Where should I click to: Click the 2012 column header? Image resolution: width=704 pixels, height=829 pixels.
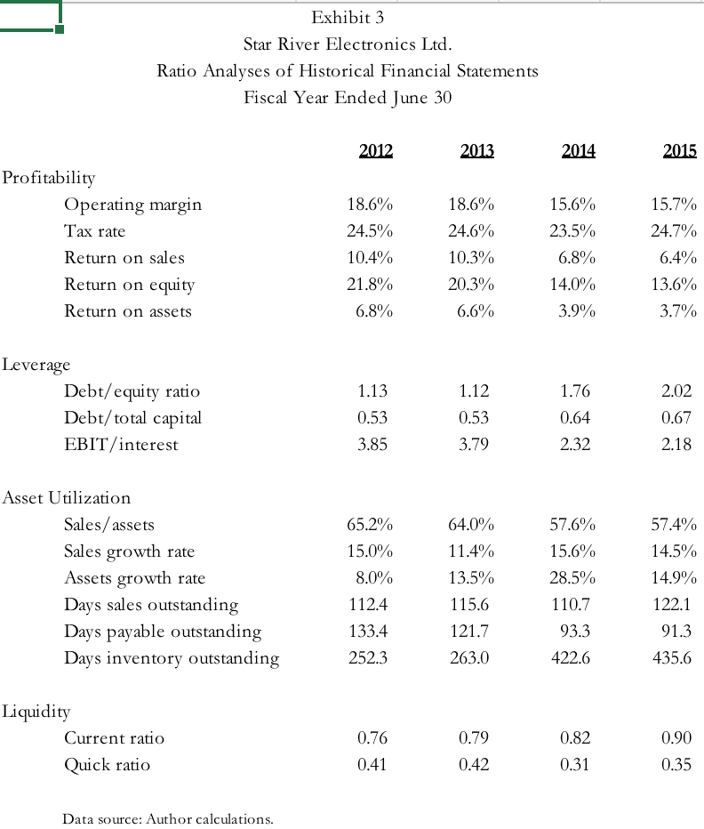click(x=375, y=150)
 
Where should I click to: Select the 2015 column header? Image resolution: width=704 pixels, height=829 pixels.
click(x=679, y=150)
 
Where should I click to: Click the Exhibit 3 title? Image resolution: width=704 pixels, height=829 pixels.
click(x=348, y=17)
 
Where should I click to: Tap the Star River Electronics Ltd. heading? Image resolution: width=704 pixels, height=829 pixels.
click(x=348, y=44)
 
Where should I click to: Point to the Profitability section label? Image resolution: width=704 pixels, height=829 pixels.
click(x=49, y=177)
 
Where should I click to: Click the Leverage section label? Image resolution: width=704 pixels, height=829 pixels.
click(x=36, y=364)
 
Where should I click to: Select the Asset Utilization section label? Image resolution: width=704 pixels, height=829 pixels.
click(x=67, y=497)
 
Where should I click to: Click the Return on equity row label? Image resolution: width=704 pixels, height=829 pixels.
click(x=130, y=285)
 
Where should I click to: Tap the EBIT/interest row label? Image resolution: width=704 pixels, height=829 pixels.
click(x=121, y=444)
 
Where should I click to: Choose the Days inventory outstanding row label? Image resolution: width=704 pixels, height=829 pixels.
click(x=172, y=658)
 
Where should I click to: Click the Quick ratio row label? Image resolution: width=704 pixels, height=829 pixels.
click(x=107, y=764)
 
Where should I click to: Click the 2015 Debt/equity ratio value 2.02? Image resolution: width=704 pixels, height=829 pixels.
click(x=676, y=391)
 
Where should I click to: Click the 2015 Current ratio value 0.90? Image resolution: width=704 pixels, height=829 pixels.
click(x=676, y=737)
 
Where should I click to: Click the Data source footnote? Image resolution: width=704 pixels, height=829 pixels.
click(x=168, y=818)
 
